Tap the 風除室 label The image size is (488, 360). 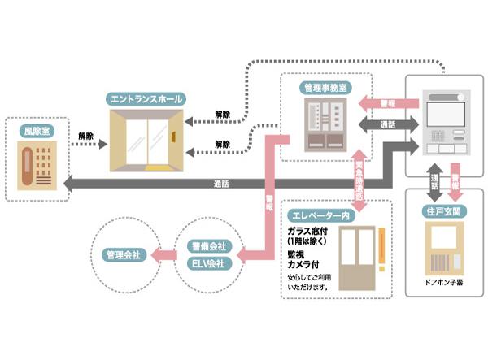coord(38,129)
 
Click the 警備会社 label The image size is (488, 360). coord(209,245)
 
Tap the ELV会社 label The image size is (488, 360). coord(209,263)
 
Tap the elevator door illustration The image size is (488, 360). coord(355,259)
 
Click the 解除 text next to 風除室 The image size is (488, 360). coord(85,135)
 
